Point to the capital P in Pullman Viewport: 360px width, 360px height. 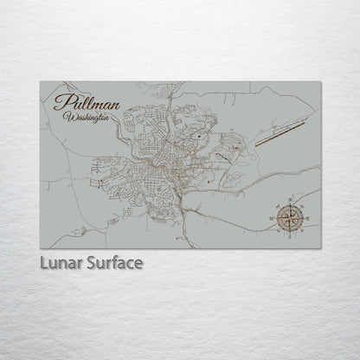[61, 102]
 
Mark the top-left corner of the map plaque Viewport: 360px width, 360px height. [41, 81]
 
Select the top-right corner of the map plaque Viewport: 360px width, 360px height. [320, 81]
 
